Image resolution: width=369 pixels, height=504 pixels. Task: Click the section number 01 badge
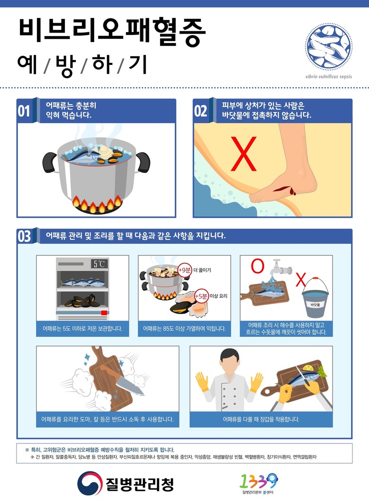click(x=24, y=111)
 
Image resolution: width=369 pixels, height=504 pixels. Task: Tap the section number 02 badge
click(x=200, y=111)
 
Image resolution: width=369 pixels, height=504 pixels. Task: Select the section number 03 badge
click(x=24, y=236)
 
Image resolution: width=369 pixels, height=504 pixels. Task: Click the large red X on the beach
click(x=243, y=154)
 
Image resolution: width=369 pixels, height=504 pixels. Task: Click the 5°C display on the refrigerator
click(x=99, y=264)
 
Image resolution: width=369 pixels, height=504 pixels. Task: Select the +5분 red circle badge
click(x=201, y=296)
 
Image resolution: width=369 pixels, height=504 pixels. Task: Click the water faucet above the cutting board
click(x=280, y=267)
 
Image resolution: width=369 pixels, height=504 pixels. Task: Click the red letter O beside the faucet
click(x=257, y=266)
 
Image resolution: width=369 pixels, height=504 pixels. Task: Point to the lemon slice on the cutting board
click(x=308, y=368)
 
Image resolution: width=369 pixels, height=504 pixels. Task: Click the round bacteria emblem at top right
click(x=329, y=46)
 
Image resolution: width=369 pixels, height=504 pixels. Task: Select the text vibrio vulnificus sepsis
click(x=328, y=77)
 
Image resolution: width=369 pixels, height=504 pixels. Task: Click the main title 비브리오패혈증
click(x=112, y=31)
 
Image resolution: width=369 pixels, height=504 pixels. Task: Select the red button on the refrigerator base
click(x=104, y=313)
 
